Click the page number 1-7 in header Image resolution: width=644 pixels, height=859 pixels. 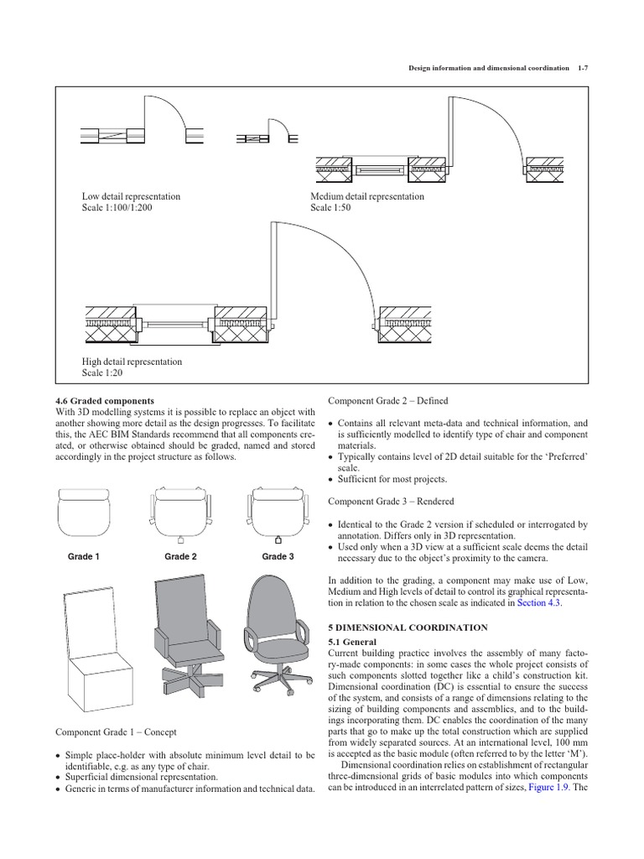583,67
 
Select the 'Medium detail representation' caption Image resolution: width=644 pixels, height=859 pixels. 367,196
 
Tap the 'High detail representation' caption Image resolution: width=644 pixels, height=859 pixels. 131,362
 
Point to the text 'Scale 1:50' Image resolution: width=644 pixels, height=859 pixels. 330,208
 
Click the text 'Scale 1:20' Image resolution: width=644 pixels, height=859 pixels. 101,373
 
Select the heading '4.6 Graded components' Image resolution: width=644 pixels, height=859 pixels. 104,401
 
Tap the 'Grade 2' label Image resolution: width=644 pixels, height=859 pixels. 180,556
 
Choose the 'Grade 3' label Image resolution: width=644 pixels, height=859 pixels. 278,556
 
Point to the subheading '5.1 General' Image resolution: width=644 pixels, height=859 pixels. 352,643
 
